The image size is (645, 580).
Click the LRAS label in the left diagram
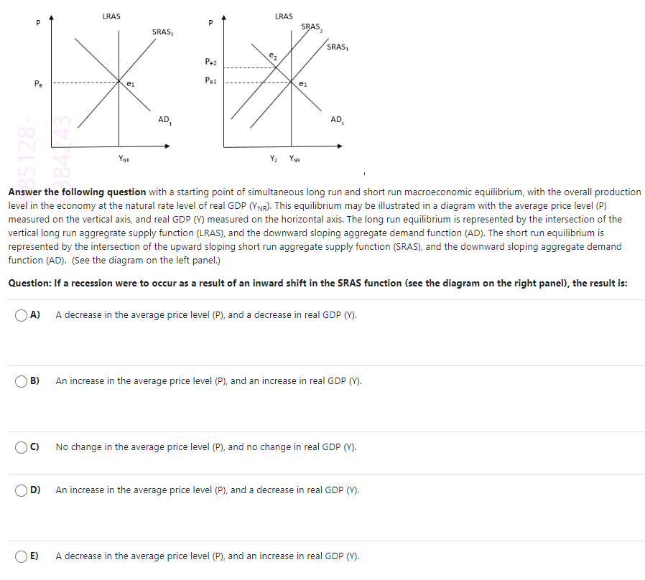click(x=111, y=16)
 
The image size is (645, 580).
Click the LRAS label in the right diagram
click(x=284, y=16)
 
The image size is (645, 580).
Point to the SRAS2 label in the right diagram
click(x=311, y=27)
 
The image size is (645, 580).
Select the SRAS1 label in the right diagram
click(x=336, y=47)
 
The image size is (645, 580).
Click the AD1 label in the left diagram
click(x=164, y=119)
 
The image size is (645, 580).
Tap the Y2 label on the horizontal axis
click(x=274, y=159)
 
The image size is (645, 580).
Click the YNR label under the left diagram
click(x=124, y=159)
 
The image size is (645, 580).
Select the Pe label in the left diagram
click(x=36, y=84)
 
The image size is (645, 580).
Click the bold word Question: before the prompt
click(x=29, y=283)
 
